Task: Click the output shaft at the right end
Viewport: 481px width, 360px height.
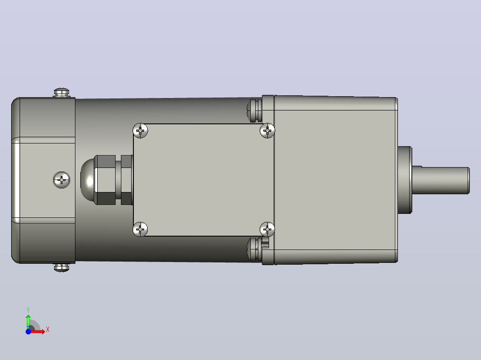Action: (441, 180)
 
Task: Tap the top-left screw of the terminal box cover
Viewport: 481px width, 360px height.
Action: (140, 131)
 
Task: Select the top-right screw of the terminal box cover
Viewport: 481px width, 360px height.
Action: (267, 131)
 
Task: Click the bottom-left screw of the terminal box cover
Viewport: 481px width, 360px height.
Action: (140, 229)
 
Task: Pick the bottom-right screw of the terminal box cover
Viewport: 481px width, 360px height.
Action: (267, 229)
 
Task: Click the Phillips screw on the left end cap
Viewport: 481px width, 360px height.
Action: (62, 180)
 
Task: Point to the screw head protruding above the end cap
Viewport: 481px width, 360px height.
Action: (62, 92)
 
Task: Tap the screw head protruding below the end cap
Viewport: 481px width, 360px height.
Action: (62, 267)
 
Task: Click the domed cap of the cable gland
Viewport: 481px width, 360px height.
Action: (87, 180)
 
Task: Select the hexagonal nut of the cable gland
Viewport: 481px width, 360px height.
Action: (104, 180)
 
